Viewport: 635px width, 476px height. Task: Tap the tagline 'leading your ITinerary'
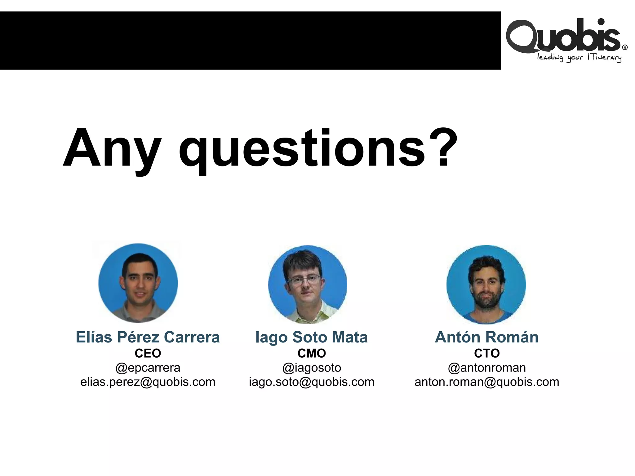[x=579, y=58]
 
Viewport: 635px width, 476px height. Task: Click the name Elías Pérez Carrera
[x=148, y=337]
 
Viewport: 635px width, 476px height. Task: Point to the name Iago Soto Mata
[x=311, y=337]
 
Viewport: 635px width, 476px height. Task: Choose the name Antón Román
[x=486, y=337]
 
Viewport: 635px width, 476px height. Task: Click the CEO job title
[x=148, y=353]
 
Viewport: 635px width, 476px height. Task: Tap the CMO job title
[x=312, y=353]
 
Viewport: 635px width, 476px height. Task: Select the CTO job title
[x=487, y=353]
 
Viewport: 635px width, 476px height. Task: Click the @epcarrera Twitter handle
[x=148, y=368]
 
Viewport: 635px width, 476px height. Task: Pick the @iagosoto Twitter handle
[x=312, y=368]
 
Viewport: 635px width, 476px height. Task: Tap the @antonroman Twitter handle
[x=487, y=368]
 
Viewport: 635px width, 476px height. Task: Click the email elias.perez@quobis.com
[x=148, y=382]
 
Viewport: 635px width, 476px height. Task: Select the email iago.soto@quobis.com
[x=312, y=382]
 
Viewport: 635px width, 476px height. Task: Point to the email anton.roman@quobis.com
[x=487, y=382]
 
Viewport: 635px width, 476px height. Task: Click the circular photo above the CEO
[x=138, y=283]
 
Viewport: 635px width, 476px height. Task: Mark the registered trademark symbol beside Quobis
[x=625, y=47]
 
